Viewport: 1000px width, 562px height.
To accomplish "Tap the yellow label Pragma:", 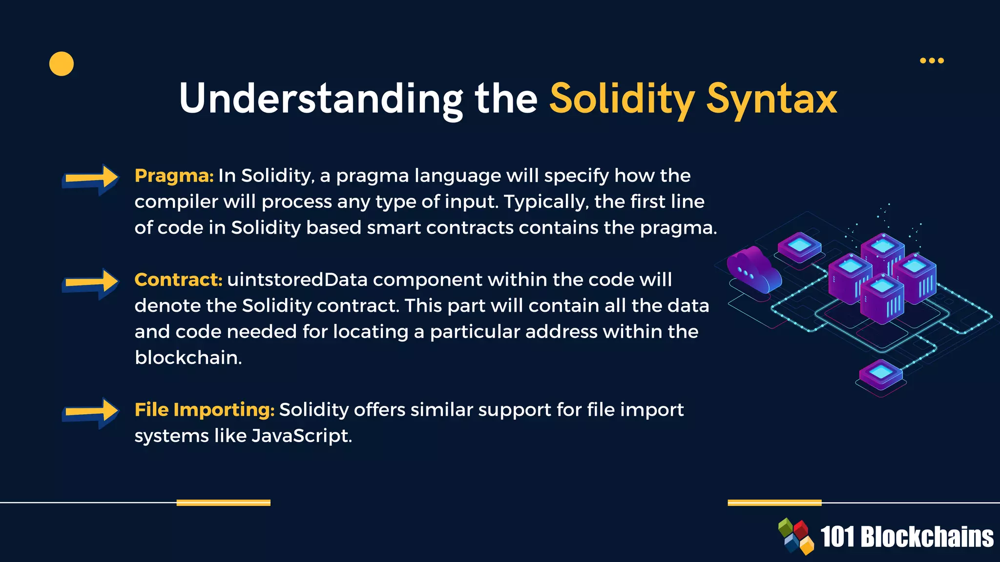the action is tap(174, 176).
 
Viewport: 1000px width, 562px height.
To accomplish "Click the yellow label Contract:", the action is tap(178, 280).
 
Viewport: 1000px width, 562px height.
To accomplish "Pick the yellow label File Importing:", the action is tap(205, 410).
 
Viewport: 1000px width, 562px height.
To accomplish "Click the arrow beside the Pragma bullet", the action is tap(90, 179).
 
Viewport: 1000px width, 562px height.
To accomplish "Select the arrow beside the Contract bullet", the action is tap(90, 283).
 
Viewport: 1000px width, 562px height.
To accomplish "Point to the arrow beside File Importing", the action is tap(90, 413).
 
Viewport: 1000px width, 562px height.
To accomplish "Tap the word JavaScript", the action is tap(301, 436).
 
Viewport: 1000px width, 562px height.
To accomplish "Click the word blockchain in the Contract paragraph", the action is tap(187, 358).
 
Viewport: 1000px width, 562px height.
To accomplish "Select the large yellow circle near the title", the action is tap(62, 64).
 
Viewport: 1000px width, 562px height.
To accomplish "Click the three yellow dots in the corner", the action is tap(932, 60).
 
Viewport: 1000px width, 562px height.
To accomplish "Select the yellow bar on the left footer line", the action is tap(223, 502).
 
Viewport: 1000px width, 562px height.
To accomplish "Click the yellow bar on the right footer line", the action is tap(774, 502).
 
